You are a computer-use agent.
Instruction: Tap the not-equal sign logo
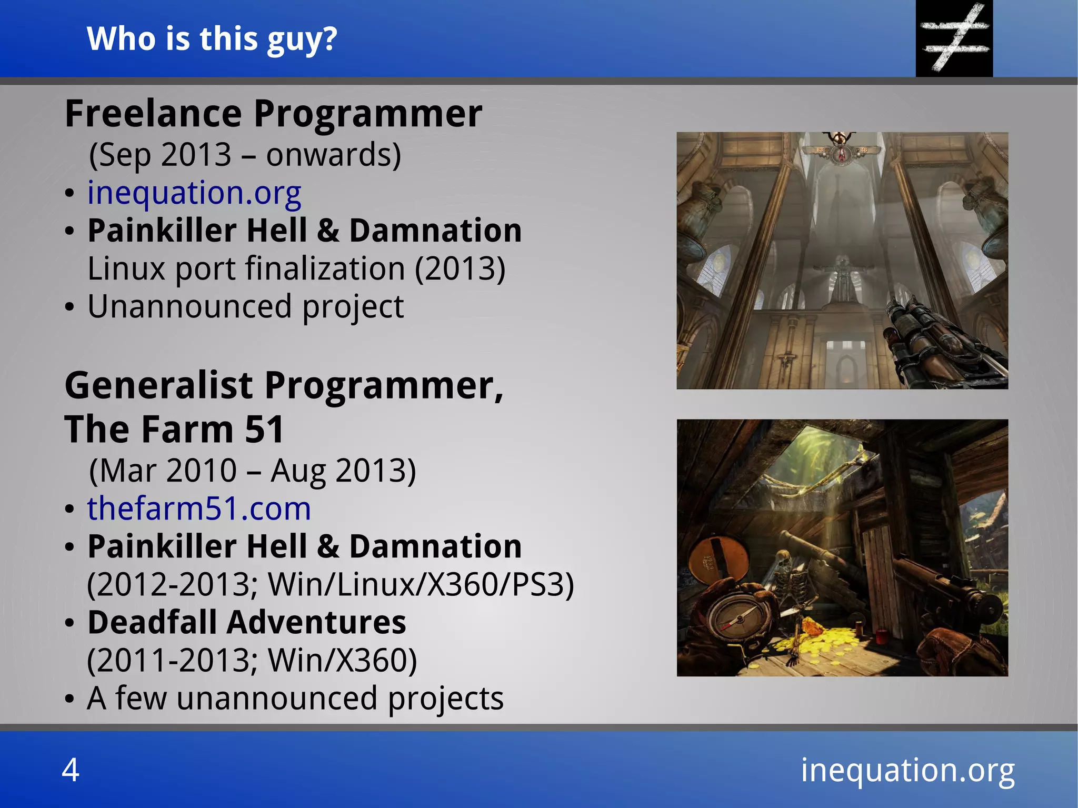pyautogui.click(x=954, y=38)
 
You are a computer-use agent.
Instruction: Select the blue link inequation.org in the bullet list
pyautogui.click(x=194, y=193)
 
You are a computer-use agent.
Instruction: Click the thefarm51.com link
pyautogui.click(x=199, y=508)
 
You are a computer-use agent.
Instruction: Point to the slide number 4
pyautogui.click(x=71, y=770)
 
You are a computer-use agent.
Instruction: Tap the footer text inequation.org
pyautogui.click(x=907, y=770)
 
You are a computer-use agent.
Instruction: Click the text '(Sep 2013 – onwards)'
pyautogui.click(x=245, y=155)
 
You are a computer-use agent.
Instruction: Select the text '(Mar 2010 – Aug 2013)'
pyautogui.click(x=253, y=470)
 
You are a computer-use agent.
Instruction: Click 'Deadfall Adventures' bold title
pyautogui.click(x=247, y=622)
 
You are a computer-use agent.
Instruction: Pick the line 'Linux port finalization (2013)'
pyautogui.click(x=296, y=268)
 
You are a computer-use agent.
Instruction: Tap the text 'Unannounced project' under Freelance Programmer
pyautogui.click(x=245, y=306)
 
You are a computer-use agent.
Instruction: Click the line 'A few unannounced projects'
pyautogui.click(x=295, y=698)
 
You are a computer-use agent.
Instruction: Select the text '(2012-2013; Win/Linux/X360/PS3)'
pyautogui.click(x=330, y=584)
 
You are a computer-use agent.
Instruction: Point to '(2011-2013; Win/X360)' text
pyautogui.click(x=252, y=660)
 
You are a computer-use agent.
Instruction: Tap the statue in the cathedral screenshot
pyautogui.click(x=842, y=279)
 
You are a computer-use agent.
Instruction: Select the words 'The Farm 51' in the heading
pyautogui.click(x=174, y=429)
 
